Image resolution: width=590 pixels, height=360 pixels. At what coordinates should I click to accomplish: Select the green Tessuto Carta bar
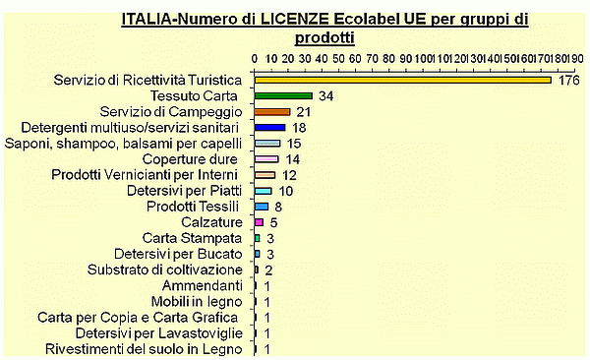tap(283, 95)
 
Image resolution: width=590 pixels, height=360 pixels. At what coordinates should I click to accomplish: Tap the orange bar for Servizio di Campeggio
tap(272, 112)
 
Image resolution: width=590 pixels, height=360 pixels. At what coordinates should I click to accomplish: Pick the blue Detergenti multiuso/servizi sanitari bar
tap(269, 128)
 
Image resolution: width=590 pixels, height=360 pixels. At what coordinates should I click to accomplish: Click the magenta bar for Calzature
tap(259, 222)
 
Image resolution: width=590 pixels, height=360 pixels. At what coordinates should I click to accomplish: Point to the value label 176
tap(569, 80)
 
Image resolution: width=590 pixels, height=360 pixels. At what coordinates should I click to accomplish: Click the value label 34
tap(326, 95)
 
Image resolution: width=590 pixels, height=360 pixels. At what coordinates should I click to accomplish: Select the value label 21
tap(305, 112)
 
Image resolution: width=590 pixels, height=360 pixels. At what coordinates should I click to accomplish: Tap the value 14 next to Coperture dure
tap(293, 159)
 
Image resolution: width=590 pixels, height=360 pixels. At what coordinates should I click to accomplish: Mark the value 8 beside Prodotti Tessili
tap(278, 207)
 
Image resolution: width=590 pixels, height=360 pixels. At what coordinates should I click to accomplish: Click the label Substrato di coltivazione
tap(164, 270)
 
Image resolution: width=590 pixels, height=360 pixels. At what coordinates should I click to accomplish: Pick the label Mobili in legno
tap(196, 301)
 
